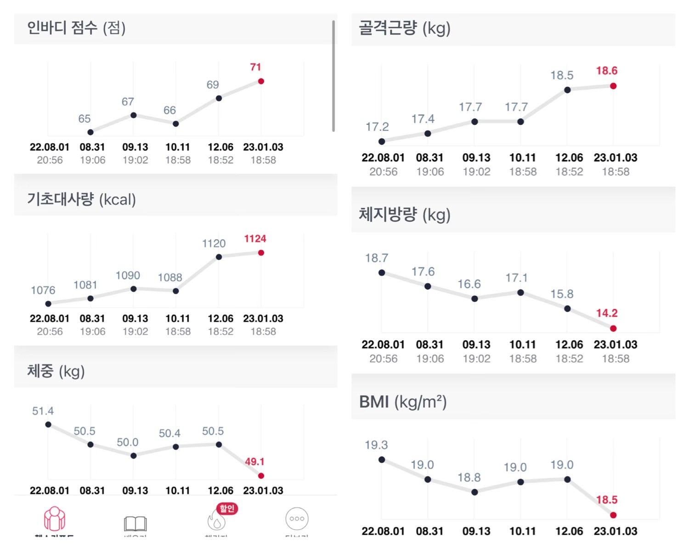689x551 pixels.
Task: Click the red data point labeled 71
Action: point(261,81)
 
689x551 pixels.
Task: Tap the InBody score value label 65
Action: point(85,119)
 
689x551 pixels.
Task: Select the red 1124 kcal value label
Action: point(255,239)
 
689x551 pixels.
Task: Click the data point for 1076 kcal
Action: point(48,304)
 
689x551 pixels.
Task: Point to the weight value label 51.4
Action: point(43,411)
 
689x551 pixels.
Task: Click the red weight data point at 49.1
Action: point(261,476)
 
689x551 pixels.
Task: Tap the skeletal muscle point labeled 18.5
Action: point(567,90)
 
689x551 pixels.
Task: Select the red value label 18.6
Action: point(607,71)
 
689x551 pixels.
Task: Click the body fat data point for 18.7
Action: point(382,273)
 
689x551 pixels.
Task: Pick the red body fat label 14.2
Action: point(607,313)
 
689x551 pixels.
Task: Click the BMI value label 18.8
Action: point(469,478)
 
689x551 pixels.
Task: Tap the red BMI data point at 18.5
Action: point(613,515)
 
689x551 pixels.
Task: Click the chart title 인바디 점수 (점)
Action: point(76,28)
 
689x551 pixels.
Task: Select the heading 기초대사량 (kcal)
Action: point(81,200)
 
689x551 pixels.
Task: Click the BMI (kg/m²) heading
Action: point(403,402)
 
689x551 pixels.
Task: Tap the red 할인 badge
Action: point(227,508)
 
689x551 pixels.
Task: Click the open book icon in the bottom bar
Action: point(135,523)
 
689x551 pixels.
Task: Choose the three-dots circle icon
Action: point(297,519)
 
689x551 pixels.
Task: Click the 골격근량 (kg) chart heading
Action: point(404,28)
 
